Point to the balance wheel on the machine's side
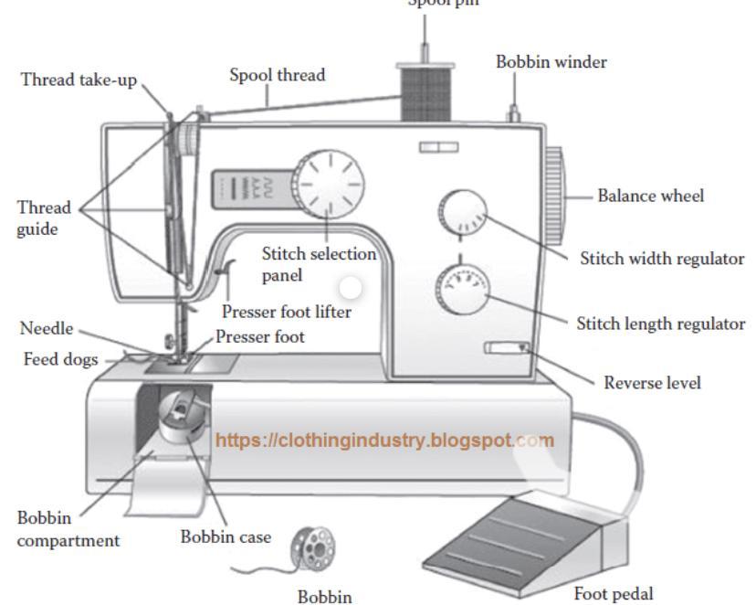click(554, 195)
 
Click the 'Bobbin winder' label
click(551, 62)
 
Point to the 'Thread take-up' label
click(79, 80)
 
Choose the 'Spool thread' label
click(277, 75)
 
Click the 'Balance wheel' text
click(650, 196)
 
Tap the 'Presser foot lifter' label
click(286, 312)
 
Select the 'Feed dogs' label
click(60, 360)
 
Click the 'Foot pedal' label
click(613, 594)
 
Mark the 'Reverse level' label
click(652, 383)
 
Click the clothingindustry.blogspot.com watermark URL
click(384, 440)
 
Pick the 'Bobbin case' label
click(225, 537)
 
